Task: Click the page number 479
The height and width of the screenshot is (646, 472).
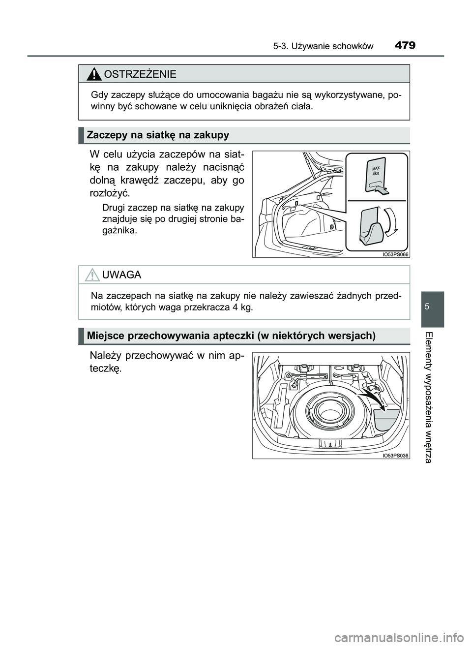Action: click(405, 45)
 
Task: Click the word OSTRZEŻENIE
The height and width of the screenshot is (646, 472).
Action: click(139, 74)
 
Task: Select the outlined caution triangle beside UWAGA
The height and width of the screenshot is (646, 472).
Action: click(91, 275)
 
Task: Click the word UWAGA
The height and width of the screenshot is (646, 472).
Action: click(121, 275)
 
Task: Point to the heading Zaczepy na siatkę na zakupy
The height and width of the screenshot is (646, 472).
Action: click(158, 135)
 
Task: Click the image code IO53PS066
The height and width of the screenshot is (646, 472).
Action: click(395, 254)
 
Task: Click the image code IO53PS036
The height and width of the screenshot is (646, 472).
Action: click(395, 456)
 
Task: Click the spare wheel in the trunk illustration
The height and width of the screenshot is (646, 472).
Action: click(325, 411)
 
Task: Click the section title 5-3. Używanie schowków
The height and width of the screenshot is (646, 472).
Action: click(323, 46)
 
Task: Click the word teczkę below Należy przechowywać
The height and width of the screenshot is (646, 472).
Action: click(105, 369)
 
